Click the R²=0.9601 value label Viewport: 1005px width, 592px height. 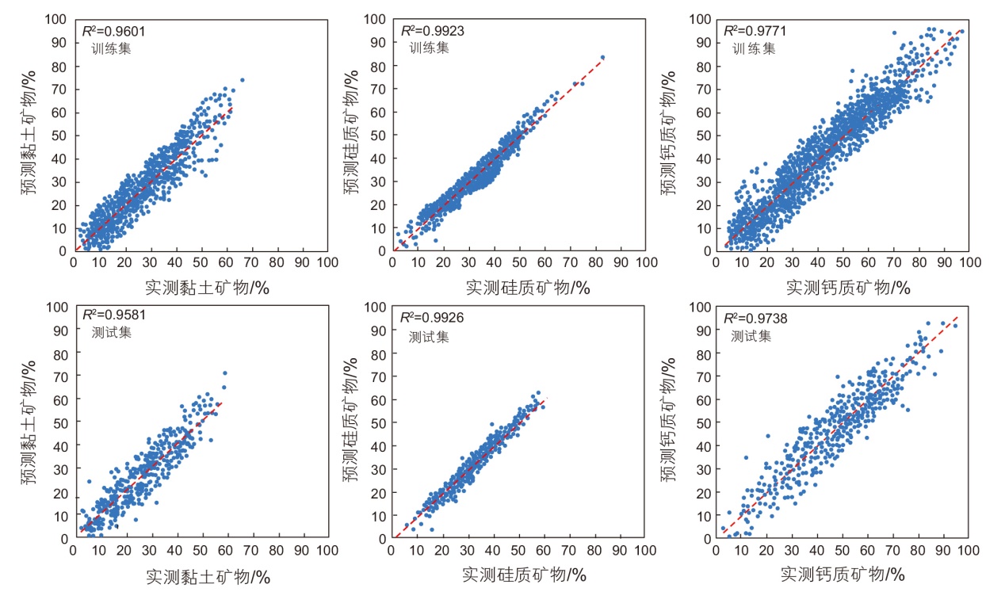point(114,31)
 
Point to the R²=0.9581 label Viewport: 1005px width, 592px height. point(114,315)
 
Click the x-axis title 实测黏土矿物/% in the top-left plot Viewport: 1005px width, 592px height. point(208,288)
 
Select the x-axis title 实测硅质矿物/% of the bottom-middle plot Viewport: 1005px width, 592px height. point(524,573)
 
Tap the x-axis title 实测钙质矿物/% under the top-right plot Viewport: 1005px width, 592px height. point(846,287)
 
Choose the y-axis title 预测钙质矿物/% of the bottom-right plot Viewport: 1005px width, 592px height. point(671,421)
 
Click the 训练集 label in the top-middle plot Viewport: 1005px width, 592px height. point(429,48)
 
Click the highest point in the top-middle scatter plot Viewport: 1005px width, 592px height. point(602,57)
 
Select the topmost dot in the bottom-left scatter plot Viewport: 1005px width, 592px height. point(225,372)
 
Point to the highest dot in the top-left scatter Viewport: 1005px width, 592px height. point(243,79)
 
